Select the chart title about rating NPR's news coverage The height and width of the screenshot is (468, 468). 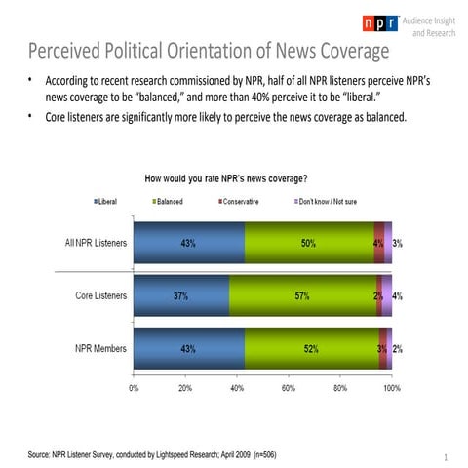pos(226,178)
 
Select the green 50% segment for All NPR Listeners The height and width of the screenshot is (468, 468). pos(308,243)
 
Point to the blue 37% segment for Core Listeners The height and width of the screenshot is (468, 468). pos(181,295)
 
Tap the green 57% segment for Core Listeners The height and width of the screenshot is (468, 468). pos(302,295)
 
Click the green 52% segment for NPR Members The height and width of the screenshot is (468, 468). pos(311,348)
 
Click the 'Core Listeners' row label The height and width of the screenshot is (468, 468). pos(100,295)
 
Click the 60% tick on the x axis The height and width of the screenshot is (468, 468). pos(289,388)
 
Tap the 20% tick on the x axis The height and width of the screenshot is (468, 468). pos(185,388)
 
